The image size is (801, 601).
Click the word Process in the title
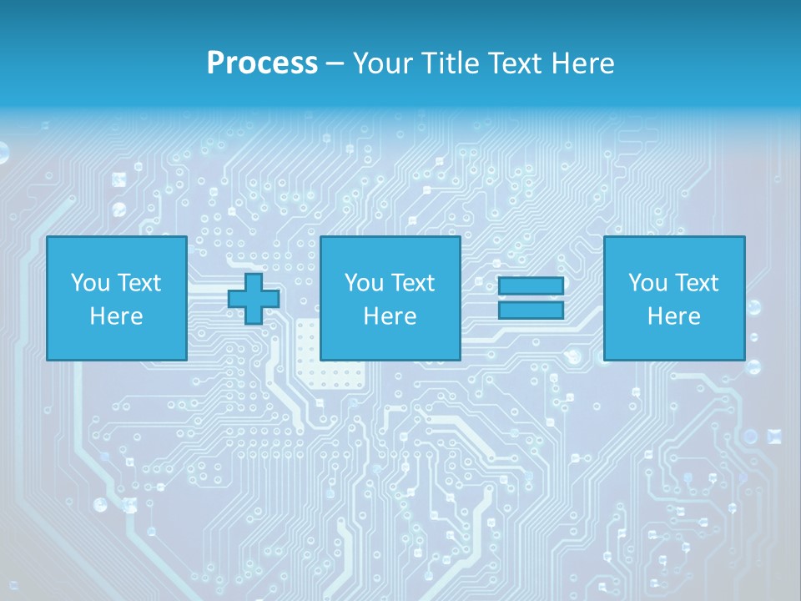coord(262,63)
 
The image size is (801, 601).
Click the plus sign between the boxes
coord(254,298)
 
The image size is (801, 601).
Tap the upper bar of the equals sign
coord(531,286)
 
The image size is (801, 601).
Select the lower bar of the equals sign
coord(531,311)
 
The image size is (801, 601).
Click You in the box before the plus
coord(90,283)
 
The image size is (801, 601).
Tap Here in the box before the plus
coord(116,316)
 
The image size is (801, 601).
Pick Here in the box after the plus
coord(390,316)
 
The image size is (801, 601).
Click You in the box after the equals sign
coord(647,283)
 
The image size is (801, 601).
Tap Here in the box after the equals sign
coord(673,316)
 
